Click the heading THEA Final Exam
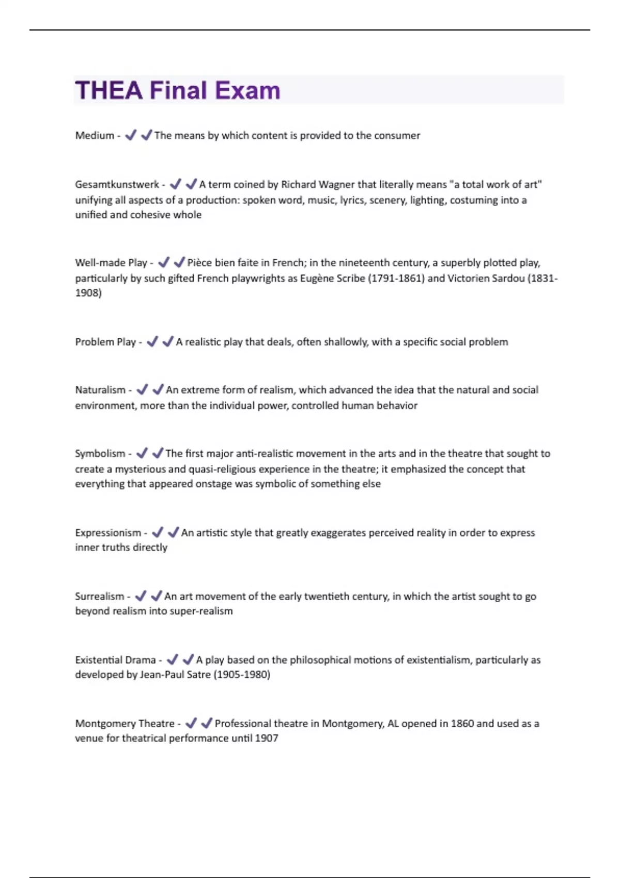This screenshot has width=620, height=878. [178, 90]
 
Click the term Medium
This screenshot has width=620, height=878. [95, 135]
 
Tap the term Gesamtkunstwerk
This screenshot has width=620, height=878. [117, 184]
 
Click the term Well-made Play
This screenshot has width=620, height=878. [111, 262]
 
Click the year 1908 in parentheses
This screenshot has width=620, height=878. [88, 293]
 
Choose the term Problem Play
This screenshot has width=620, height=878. [105, 342]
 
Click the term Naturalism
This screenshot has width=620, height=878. [100, 390]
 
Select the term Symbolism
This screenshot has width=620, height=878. [100, 453]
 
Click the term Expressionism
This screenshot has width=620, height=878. [108, 532]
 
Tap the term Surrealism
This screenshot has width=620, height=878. [100, 596]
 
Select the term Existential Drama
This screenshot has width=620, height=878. [115, 660]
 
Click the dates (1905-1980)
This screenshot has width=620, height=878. [242, 675]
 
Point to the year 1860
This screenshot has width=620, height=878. [462, 723]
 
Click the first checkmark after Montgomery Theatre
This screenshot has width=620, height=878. [191, 723]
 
